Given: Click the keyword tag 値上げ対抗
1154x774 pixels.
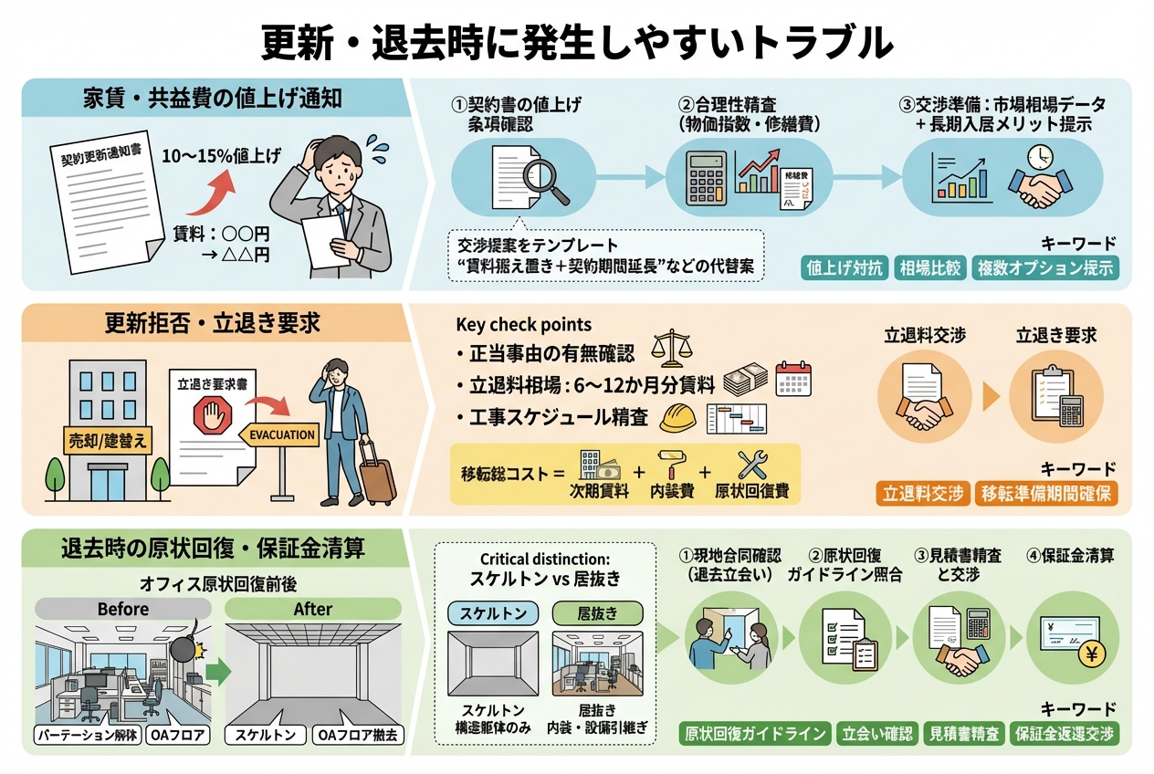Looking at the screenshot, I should tap(844, 268).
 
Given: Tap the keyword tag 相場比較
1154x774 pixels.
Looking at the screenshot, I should tap(929, 268).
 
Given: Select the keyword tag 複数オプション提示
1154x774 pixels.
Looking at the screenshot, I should tap(1045, 268).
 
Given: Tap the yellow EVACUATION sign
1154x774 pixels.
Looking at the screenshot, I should tap(282, 435).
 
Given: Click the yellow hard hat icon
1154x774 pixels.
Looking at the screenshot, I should tap(677, 417).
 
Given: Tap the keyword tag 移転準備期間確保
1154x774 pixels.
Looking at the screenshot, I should tap(1046, 495).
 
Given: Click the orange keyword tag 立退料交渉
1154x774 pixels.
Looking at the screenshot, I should tap(923, 495).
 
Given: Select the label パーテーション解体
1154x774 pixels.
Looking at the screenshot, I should tap(88, 735).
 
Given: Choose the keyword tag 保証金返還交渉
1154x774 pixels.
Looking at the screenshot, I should tap(1065, 734).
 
